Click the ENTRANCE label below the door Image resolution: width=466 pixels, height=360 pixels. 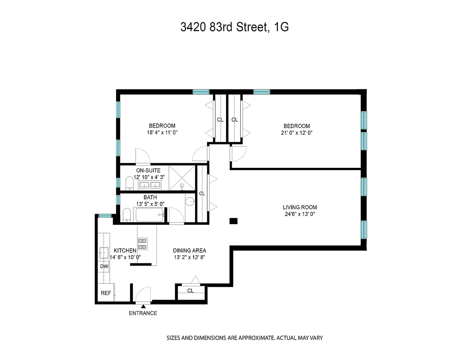click(143, 313)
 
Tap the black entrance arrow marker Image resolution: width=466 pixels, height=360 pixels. click(143, 307)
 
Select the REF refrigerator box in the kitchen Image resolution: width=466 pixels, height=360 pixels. click(106, 293)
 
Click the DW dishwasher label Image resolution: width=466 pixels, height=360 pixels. click(104, 266)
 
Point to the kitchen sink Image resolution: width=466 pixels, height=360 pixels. click(104, 252)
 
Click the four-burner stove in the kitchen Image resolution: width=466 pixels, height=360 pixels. click(143, 244)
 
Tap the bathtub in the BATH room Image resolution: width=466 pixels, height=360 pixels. click(149, 215)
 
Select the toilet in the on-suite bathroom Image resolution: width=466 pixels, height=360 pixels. click(129, 183)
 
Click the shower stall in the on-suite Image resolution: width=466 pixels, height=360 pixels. click(182, 178)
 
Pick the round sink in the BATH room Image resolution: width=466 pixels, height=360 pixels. click(190, 202)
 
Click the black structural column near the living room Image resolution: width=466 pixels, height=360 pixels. click(233, 221)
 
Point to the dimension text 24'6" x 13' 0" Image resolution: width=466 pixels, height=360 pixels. click(299, 214)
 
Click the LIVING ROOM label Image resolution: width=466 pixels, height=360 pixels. click(300, 207)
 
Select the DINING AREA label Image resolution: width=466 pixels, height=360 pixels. click(189, 250)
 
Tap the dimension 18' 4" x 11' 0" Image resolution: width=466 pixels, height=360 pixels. click(162, 132)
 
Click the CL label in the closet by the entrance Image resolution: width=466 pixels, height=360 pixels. click(190, 291)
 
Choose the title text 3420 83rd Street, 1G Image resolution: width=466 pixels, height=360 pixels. click(234, 27)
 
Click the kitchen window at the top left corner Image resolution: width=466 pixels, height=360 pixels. click(105, 216)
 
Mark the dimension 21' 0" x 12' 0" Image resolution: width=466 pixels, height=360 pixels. click(297, 132)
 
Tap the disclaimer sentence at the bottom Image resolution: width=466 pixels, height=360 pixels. click(244, 338)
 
